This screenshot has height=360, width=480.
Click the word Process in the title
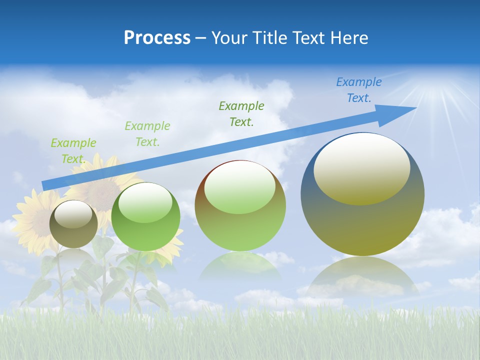[x=157, y=38]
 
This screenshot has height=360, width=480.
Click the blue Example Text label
[x=359, y=90]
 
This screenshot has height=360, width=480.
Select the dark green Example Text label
[x=241, y=113]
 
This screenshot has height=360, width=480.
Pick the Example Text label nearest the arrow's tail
[x=73, y=150]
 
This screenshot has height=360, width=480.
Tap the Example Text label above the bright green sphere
[x=147, y=133]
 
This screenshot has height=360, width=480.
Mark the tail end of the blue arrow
[x=45, y=185]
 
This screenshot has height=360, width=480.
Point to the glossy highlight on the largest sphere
[x=362, y=169]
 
